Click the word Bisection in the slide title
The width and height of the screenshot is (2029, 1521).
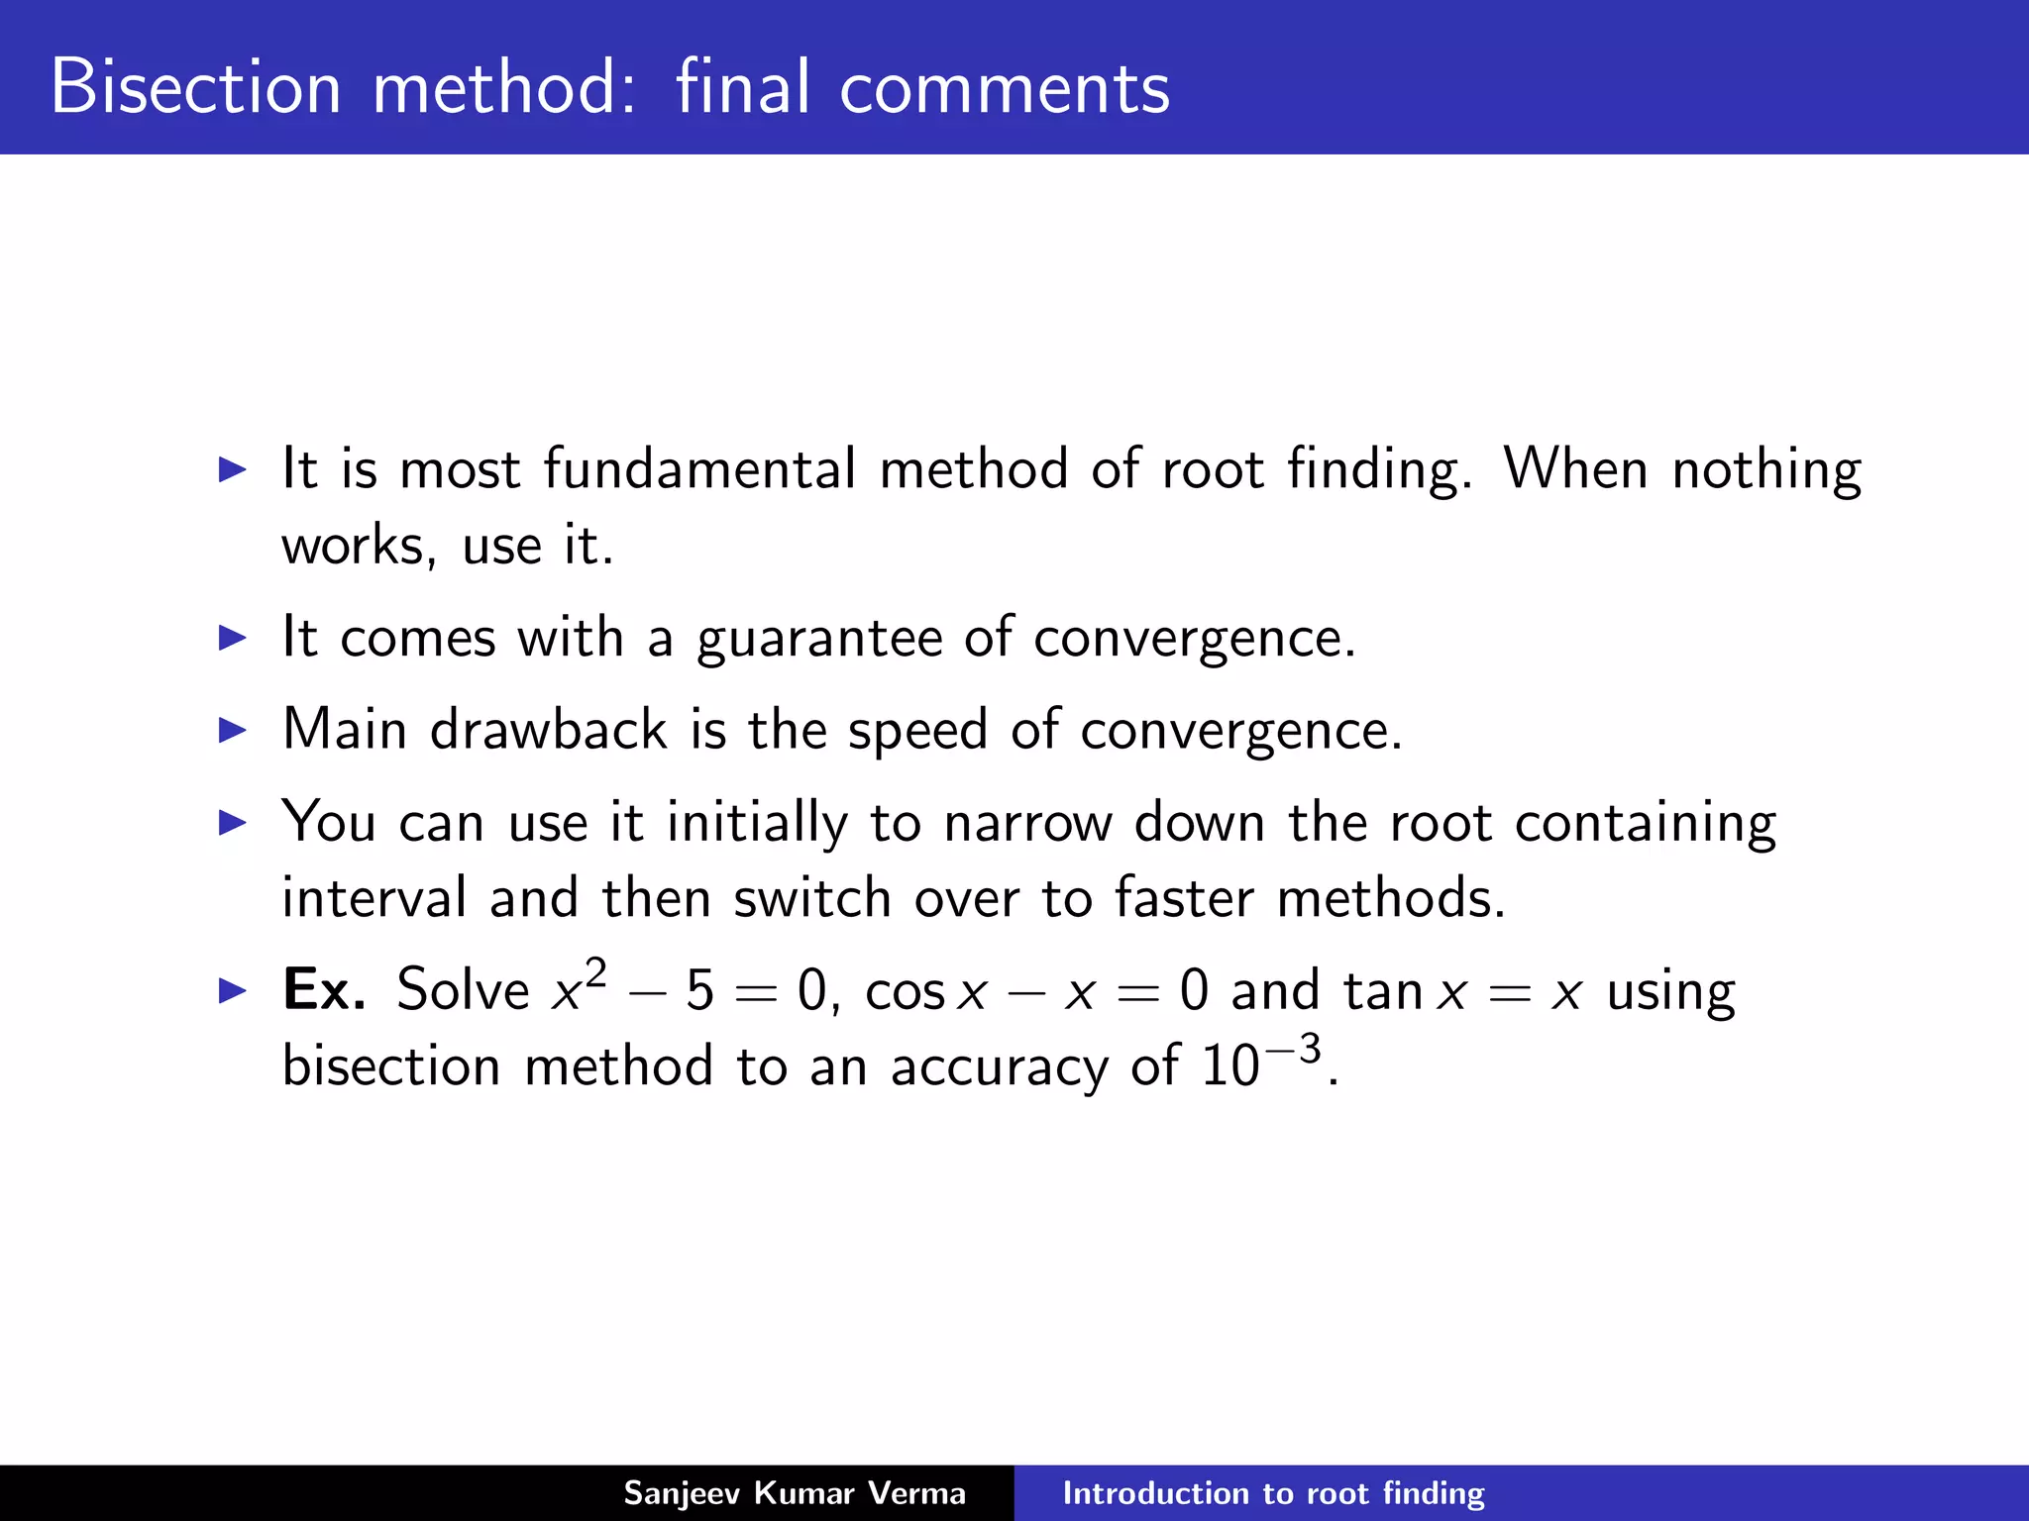pyautogui.click(x=195, y=87)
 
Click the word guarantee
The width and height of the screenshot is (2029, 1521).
pyautogui.click(x=819, y=638)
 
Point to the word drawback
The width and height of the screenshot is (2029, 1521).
pyautogui.click(x=548, y=730)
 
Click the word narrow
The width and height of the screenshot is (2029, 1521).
pyautogui.click(x=1027, y=823)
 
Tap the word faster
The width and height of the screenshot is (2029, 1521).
pyautogui.click(x=1183, y=898)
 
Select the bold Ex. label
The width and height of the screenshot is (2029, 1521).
pyautogui.click(x=324, y=989)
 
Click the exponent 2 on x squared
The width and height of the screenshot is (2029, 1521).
pyautogui.click(x=594, y=974)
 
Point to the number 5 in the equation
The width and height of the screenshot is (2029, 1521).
pyautogui.click(x=699, y=990)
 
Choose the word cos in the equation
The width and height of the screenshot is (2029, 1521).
pyautogui.click(x=905, y=991)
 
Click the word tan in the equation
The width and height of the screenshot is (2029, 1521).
pyautogui.click(x=1383, y=990)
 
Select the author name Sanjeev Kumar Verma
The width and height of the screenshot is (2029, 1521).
pyautogui.click(x=794, y=1493)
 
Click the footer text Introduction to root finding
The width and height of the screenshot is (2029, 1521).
pyautogui.click(x=1273, y=1493)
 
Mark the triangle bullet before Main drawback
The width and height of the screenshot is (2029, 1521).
pyautogui.click(x=232, y=731)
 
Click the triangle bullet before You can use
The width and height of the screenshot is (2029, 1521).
pyautogui.click(x=232, y=822)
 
